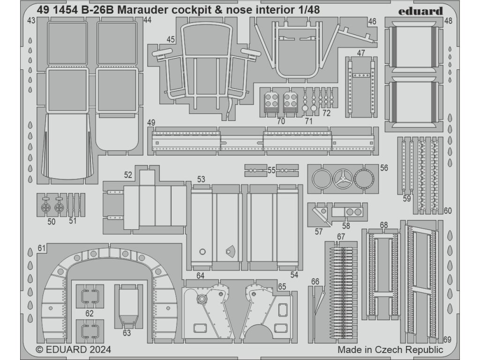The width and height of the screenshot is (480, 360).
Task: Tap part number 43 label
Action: coord(31,21)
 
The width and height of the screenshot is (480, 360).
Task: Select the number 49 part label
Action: coord(150,123)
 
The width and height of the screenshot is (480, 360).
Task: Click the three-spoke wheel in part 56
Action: coord(343,179)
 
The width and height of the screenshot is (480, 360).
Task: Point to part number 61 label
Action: coord(41,248)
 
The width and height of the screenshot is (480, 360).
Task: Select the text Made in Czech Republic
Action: coord(390,350)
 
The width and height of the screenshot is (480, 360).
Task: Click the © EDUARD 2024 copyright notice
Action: coord(73,350)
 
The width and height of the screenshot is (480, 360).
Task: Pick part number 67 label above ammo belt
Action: coord(341,237)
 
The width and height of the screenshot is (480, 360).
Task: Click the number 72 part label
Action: coord(327,113)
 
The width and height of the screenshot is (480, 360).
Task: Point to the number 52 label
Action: coord(128,175)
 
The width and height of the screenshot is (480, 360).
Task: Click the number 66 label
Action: coord(315,281)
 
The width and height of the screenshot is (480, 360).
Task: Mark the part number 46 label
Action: coord(372,22)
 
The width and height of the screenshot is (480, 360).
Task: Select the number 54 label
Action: coord(294,275)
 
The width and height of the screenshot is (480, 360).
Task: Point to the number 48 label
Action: coord(448,21)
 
